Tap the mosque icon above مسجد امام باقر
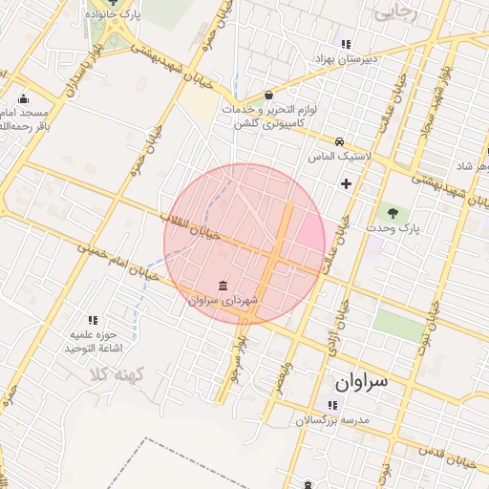(x=24, y=96)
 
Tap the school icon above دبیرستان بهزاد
(x=346, y=44)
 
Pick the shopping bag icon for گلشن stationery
(x=269, y=96)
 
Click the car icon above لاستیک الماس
(x=339, y=140)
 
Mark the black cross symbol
(x=346, y=182)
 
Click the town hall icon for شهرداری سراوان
(x=223, y=286)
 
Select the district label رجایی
(x=396, y=13)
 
